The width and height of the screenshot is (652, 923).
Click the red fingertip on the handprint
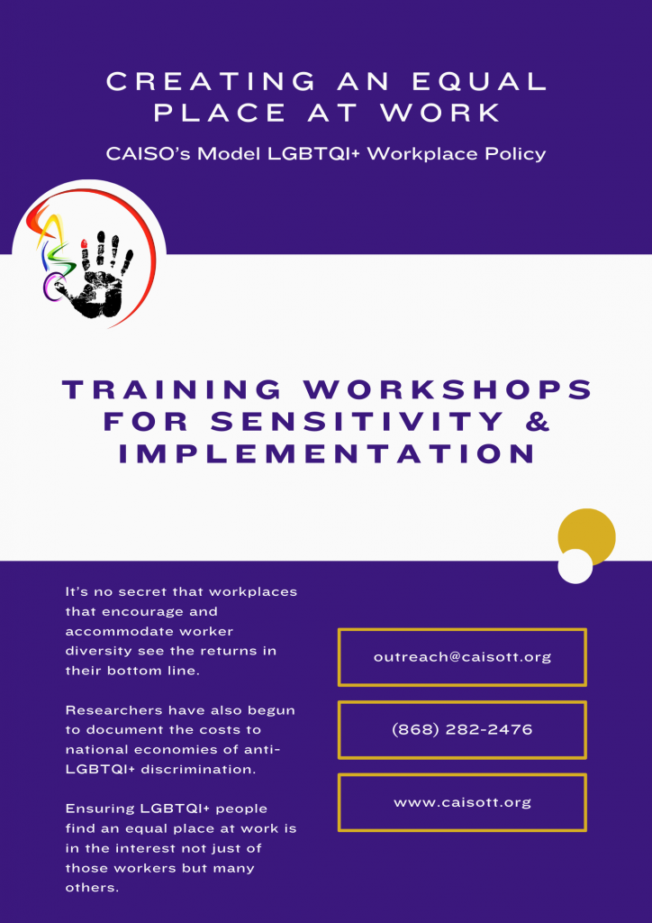tap(84, 243)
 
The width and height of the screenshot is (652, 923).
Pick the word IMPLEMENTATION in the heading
tap(327, 454)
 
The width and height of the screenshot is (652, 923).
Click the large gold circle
tap(587, 537)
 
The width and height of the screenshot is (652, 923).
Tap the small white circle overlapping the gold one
tap(575, 566)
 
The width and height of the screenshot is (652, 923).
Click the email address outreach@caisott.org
tap(462, 657)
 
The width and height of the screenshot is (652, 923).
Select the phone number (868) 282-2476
tap(462, 730)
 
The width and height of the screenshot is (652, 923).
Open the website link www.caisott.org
tap(462, 802)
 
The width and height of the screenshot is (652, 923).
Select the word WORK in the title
tap(439, 114)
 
